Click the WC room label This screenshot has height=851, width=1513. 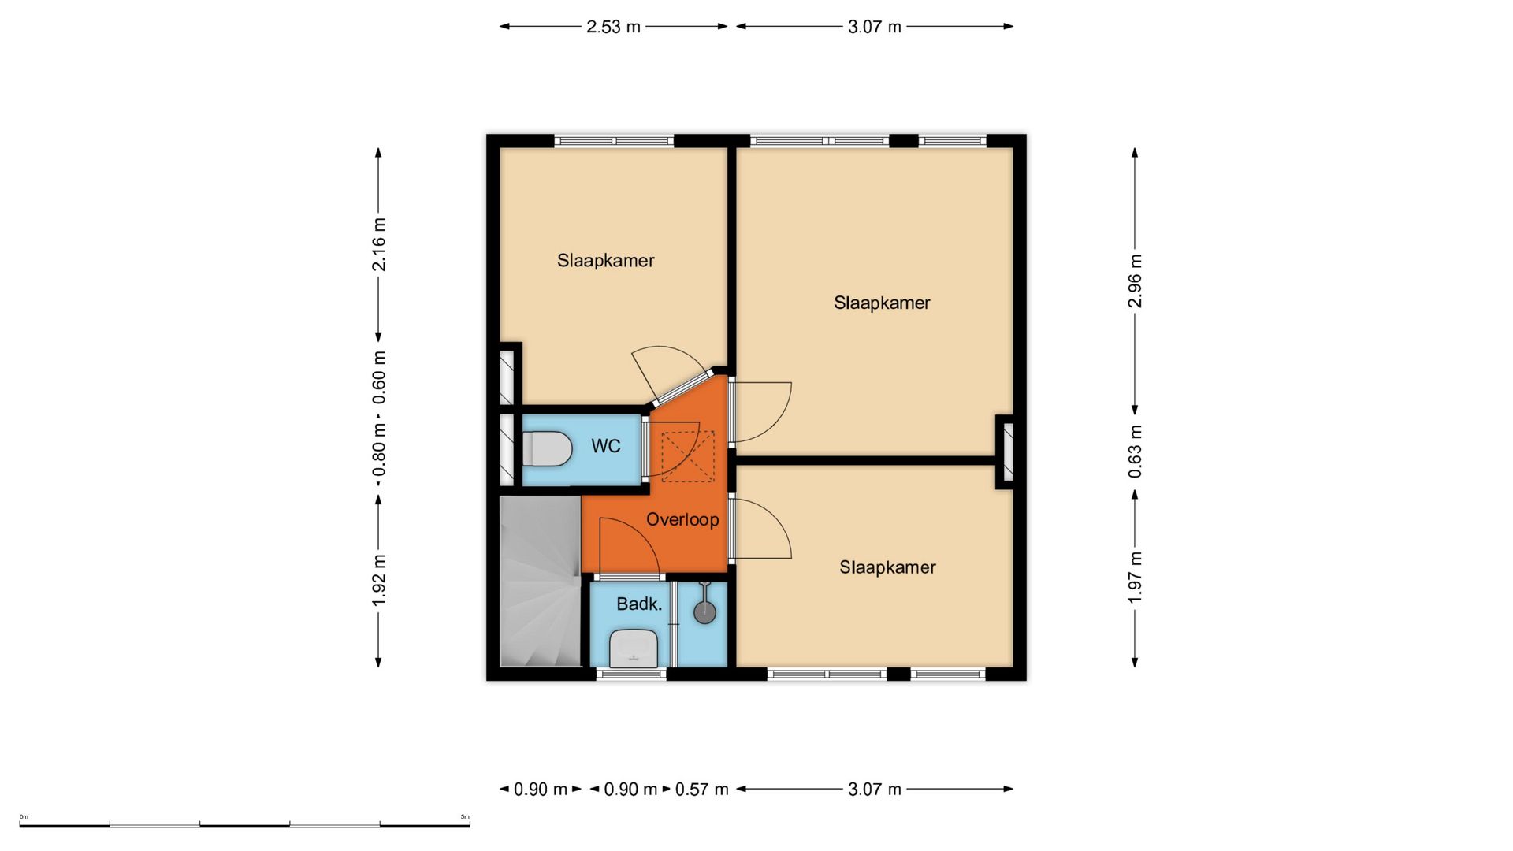click(x=606, y=446)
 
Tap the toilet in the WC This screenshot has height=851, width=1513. click(x=548, y=448)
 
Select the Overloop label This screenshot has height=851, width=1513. click(x=682, y=519)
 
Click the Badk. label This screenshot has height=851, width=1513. click(x=639, y=604)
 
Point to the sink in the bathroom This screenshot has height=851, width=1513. click(x=634, y=648)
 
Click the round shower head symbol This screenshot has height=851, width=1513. click(x=704, y=612)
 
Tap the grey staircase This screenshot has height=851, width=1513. click(x=541, y=581)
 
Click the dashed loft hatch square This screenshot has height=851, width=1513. click(x=688, y=456)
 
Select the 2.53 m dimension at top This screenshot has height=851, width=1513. click(x=613, y=27)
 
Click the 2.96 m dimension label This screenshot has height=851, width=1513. click(x=1135, y=281)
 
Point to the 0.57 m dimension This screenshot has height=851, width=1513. click(x=702, y=789)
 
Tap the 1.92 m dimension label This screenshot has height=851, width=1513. click(x=379, y=581)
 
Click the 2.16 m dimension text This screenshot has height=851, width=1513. click(x=379, y=243)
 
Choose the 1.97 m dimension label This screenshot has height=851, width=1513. click(x=1135, y=578)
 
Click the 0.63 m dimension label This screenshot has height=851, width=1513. click(x=1135, y=452)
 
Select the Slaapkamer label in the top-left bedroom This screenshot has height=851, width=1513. click(x=606, y=261)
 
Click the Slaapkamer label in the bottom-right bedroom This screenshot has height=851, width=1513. click(x=887, y=567)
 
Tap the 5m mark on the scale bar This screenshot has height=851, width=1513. click(x=465, y=817)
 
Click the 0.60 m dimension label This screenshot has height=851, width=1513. click(x=379, y=377)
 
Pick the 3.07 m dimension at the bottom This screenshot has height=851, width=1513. click(x=875, y=789)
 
